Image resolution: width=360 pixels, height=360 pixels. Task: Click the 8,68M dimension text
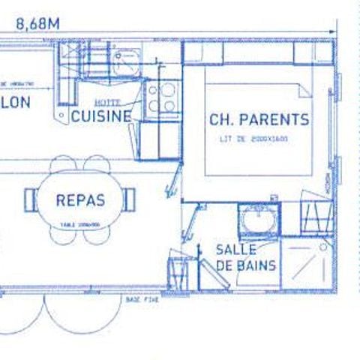(36, 23)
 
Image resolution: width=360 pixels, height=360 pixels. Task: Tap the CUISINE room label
(101, 116)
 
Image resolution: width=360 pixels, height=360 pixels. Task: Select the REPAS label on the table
(79, 200)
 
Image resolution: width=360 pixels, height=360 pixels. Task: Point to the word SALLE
(235, 249)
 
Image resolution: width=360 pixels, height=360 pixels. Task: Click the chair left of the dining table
(31, 199)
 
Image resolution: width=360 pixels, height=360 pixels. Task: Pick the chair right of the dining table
(130, 199)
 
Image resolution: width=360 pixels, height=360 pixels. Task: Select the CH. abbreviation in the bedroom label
(221, 119)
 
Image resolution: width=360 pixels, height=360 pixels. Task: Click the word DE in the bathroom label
(225, 265)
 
